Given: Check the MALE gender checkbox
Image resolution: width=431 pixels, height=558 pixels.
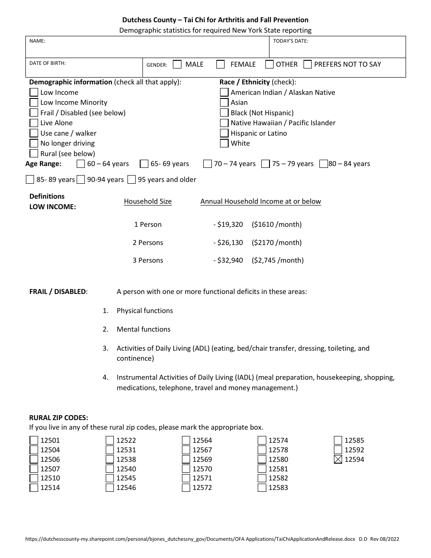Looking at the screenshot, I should [177, 64].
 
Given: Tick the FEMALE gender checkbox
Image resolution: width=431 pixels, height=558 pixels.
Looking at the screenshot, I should [220, 64].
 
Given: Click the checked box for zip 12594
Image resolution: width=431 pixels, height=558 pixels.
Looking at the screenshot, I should [338, 460].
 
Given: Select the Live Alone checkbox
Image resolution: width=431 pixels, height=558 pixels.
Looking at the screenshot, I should [34, 123].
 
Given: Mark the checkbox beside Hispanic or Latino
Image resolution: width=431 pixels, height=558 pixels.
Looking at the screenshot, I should [224, 133].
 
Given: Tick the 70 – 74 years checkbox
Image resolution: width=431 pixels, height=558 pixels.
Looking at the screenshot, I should [207, 164].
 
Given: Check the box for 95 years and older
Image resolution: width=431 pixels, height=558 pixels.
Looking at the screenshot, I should [132, 180].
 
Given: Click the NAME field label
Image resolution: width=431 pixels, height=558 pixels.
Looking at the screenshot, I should [37, 41].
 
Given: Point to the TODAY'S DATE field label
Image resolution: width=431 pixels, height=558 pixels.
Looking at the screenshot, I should [290, 41].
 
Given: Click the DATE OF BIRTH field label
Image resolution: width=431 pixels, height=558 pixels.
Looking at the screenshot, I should [48, 64].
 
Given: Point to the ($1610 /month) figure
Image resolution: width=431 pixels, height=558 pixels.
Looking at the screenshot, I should [277, 225].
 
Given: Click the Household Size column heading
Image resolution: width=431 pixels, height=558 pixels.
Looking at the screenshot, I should [148, 201].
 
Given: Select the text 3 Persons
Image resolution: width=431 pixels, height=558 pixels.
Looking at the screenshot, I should [148, 260].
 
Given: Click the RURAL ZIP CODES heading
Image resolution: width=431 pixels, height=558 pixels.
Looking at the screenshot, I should [59, 418].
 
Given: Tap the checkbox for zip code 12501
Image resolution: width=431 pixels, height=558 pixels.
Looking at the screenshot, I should [34, 440].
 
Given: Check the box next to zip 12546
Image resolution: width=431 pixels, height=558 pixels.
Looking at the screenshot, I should [110, 488].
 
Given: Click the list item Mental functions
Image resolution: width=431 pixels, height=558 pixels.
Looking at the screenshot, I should [143, 329].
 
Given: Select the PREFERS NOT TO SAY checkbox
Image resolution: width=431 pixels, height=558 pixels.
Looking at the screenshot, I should [308, 64].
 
